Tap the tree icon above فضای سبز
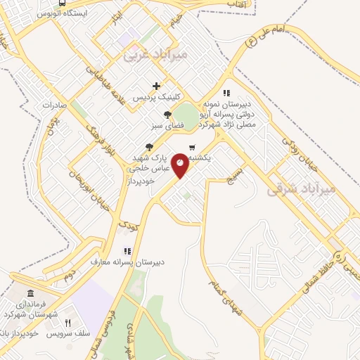(x=167, y=115)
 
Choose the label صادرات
(x=53, y=105)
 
